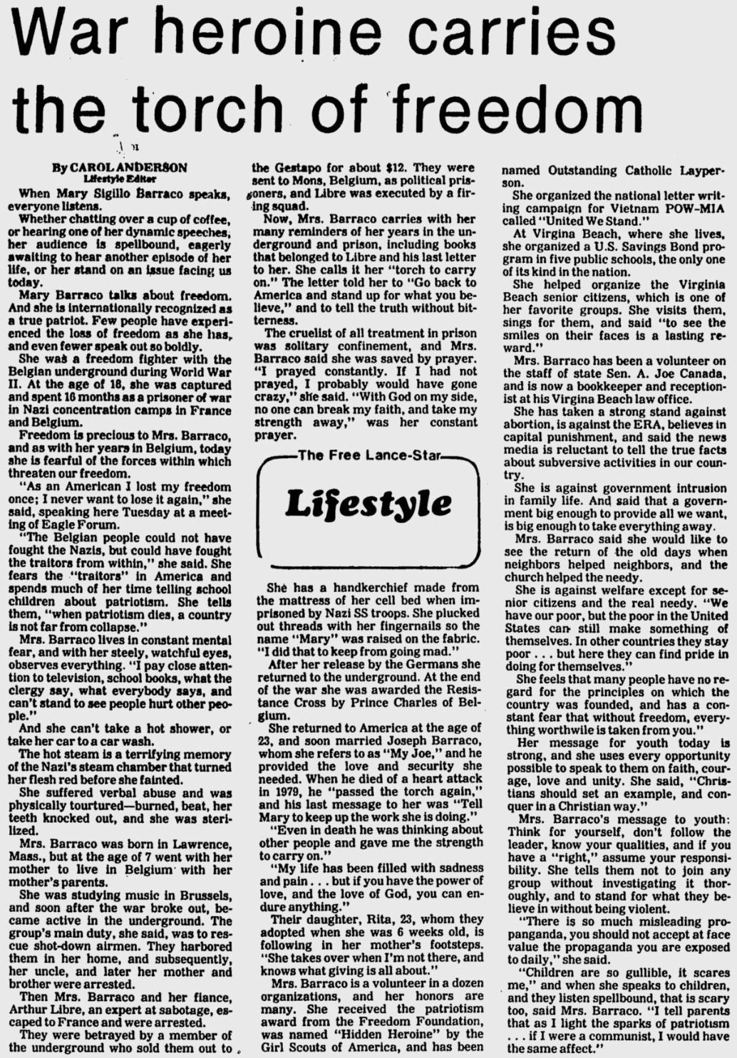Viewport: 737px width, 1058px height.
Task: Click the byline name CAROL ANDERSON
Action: pos(128,167)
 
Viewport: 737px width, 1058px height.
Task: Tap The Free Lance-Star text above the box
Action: pos(368,456)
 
